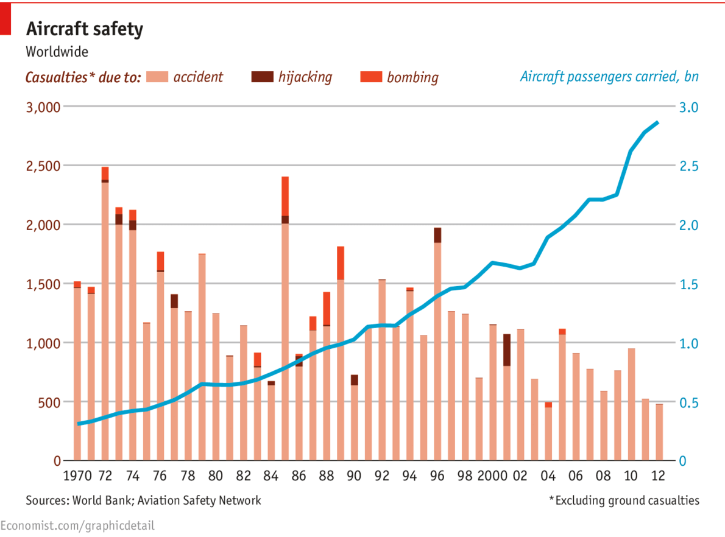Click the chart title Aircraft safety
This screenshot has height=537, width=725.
(x=84, y=29)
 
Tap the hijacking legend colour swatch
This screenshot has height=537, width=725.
(x=262, y=77)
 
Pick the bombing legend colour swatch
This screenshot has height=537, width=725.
(x=371, y=77)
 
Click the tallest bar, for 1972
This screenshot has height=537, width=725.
(x=105, y=317)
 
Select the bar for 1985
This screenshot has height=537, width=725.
(x=285, y=341)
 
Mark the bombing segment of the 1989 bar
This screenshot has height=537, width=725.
(x=341, y=263)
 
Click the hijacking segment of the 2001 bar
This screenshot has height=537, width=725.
(x=507, y=349)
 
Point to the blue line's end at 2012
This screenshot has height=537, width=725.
(x=658, y=122)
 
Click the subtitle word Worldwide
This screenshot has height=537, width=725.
(x=57, y=52)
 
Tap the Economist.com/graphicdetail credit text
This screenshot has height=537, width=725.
(x=77, y=525)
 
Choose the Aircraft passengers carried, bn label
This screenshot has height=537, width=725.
(x=609, y=77)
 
